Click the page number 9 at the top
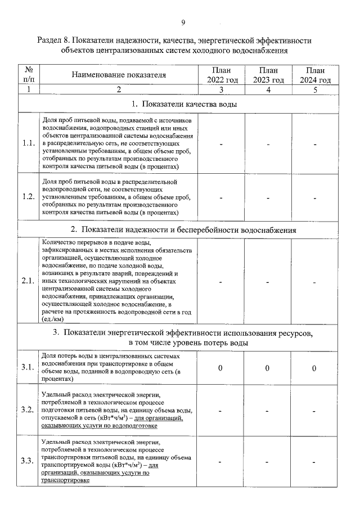tap(183, 22)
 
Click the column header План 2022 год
tap(222, 75)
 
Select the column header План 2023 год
tap(268, 75)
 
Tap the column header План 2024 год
tap(316, 75)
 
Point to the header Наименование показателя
tap(119, 75)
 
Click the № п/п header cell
tap(29, 75)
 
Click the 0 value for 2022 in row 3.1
tap(221, 368)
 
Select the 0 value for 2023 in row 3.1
tap(268, 368)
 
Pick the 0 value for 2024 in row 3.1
tap(315, 368)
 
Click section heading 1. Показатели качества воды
tap(183, 104)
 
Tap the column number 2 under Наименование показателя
tap(119, 89)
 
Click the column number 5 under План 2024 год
tap(316, 89)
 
